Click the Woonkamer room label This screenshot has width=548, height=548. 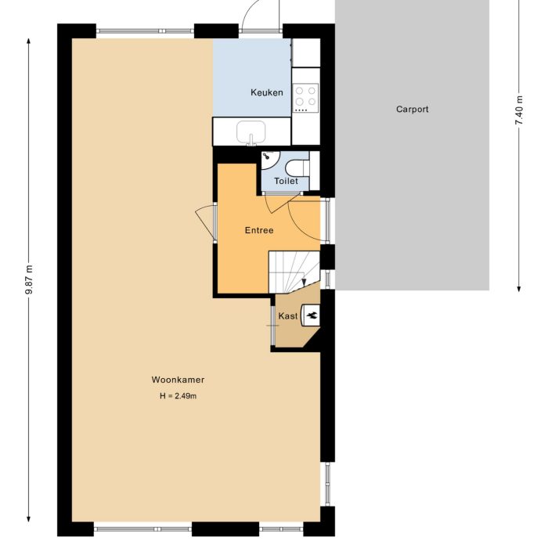tap(178, 380)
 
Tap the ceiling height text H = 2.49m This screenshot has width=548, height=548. tap(178, 396)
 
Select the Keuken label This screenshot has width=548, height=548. tap(266, 93)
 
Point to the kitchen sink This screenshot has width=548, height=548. tap(251, 132)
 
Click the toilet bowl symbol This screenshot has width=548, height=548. tap(297, 168)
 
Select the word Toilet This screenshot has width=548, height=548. tap(286, 182)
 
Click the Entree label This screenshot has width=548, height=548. tap(259, 230)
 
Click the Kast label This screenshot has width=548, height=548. tap(287, 316)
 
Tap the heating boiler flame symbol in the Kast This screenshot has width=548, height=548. tap(312, 315)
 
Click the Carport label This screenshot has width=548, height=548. tap(412, 110)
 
